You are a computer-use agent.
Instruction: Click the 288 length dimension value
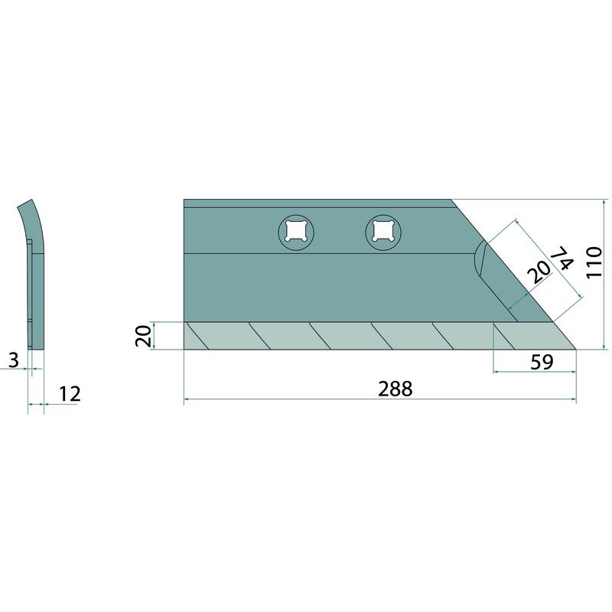(x=395, y=389)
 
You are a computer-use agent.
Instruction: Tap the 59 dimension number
(x=542, y=362)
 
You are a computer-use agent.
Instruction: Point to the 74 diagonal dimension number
(x=562, y=258)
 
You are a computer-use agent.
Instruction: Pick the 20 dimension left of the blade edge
(x=143, y=336)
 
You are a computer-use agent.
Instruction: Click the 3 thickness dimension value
(x=14, y=360)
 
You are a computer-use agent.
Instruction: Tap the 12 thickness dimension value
(x=70, y=394)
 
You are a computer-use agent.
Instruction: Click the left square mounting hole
(x=296, y=233)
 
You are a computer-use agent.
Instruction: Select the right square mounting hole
(x=383, y=233)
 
